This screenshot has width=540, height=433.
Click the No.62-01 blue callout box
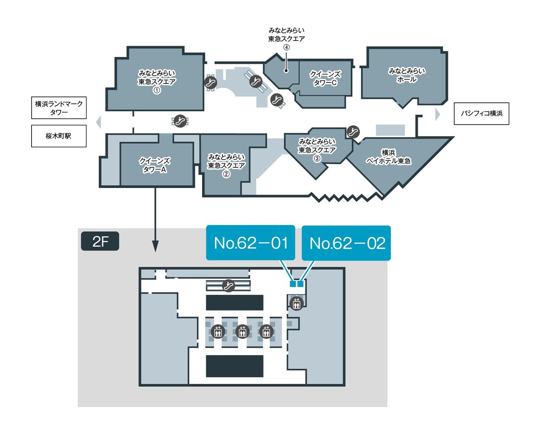coord(250,243)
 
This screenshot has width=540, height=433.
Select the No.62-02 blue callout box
coord(346,243)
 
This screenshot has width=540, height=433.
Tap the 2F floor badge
coord(100,241)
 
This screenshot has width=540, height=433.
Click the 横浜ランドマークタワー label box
coord(59,108)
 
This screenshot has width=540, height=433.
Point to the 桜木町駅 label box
coord(59,136)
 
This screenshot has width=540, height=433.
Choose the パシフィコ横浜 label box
coord(481,113)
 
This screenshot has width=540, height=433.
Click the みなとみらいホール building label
coord(407,75)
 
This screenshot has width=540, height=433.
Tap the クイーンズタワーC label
coord(325,78)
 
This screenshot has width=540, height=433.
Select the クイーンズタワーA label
coord(155,165)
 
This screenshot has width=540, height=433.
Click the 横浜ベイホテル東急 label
coord(388,157)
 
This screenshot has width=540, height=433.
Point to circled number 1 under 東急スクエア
coord(157,90)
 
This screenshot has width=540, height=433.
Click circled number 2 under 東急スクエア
coord(226,174)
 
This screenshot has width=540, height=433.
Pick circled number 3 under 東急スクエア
coord(317,158)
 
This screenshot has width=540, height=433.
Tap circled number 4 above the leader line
coord(286,47)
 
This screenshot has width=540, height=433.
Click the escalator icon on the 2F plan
coord(228,286)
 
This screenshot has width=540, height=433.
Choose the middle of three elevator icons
coord(242,332)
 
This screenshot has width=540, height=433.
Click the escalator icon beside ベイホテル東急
coord(353,132)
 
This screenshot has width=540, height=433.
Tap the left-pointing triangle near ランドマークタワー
coord(99,122)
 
